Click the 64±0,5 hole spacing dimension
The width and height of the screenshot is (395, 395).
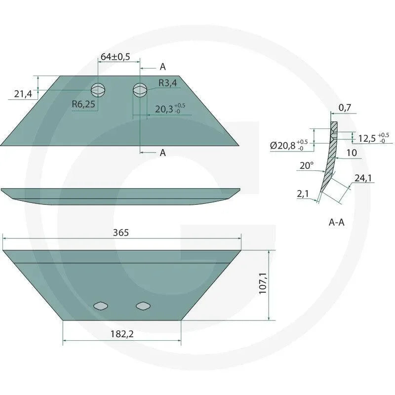(115, 57)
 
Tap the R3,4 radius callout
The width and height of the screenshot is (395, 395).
(167, 83)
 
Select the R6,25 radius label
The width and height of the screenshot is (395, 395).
(83, 104)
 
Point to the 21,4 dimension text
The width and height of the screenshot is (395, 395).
(23, 94)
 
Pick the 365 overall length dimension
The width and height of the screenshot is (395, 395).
(121, 233)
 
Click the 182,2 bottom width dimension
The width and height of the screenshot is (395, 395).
(122, 334)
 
